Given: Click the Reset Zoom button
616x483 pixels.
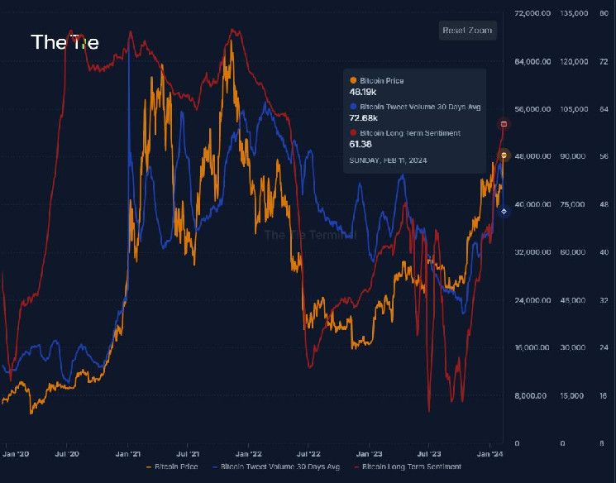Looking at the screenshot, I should pos(467,31).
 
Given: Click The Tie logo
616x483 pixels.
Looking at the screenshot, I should pos(64,42).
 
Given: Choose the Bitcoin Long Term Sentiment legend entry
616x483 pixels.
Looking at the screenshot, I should pos(409,467).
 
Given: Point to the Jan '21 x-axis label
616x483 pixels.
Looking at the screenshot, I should pos(128,453).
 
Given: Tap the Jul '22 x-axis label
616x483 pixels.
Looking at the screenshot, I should pos(308,453).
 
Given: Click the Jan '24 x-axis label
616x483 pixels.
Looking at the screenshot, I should pos(490,453).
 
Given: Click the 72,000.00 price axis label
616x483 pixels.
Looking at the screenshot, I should pos(532,13).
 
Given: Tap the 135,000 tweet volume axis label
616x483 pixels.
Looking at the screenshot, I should pos(574,13).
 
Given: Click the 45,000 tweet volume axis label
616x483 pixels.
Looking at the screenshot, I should pos(573,299).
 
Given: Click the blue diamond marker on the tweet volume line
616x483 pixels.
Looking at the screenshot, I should pos(504,212).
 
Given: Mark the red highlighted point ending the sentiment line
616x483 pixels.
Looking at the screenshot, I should pos(504,124).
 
